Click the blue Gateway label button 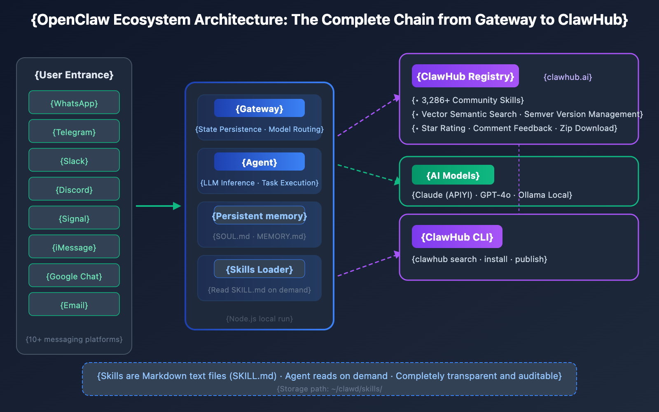(259, 108)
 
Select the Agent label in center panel (259, 162)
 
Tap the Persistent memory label (259, 215)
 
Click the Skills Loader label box (259, 269)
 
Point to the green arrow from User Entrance (159, 206)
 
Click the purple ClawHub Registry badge (465, 76)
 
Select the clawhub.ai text (568, 77)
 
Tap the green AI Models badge (453, 175)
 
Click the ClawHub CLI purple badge (457, 237)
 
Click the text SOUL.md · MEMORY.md (259, 236)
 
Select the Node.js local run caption (259, 319)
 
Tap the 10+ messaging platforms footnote (74, 339)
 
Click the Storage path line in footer (329, 389)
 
